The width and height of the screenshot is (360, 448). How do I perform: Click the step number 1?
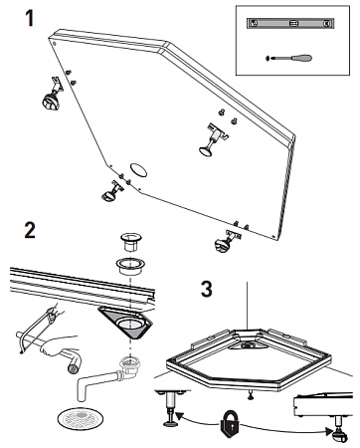30,18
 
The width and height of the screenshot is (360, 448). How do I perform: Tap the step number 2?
30,230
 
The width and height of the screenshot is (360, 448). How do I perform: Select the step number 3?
207,289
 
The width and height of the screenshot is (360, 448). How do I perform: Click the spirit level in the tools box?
290,23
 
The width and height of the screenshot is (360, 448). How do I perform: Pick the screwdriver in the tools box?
289,58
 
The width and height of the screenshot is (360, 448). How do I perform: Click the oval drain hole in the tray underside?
138,170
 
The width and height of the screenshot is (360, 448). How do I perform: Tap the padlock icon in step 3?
231,424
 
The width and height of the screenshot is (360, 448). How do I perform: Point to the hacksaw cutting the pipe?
37,329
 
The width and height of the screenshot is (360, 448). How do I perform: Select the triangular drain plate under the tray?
126,322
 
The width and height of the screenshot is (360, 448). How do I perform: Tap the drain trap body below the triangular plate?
128,368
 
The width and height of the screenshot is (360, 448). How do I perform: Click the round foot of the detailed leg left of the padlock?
171,423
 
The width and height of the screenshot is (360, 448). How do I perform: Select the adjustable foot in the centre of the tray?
212,140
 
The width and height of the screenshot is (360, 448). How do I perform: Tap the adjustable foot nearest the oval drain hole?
112,191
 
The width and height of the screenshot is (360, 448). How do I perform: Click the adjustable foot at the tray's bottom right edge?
227,241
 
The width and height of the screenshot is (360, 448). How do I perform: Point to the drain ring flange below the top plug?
130,266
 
